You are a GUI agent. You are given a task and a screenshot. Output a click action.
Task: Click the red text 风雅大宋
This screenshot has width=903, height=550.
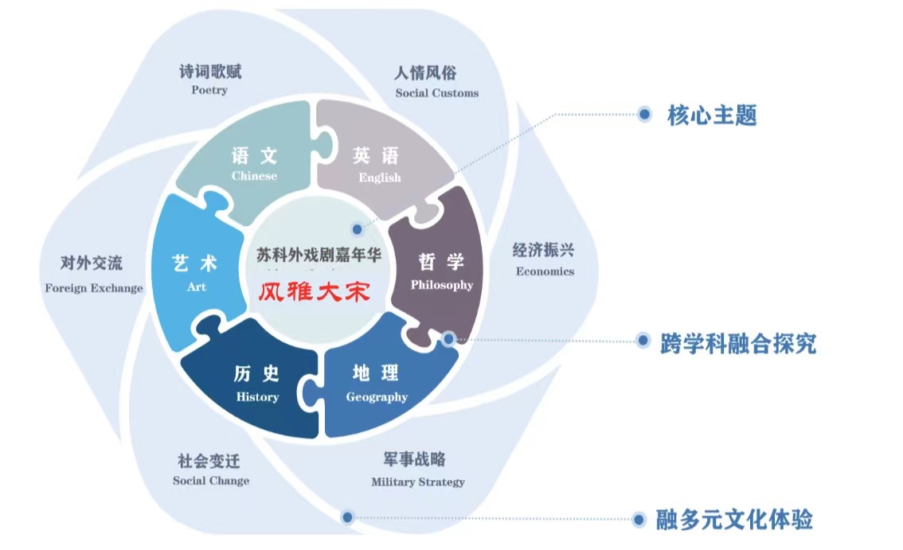[315, 291]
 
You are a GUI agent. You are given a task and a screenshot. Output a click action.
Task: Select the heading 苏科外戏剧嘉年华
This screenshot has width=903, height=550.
[319, 255]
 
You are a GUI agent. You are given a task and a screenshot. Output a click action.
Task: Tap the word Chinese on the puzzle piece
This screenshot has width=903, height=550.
[254, 176]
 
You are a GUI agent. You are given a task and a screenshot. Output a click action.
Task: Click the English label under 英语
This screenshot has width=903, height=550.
[380, 177]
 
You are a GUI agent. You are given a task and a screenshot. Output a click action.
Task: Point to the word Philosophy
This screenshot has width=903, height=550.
[441, 285]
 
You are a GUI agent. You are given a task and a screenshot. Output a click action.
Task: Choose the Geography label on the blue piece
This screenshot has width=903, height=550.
[377, 396]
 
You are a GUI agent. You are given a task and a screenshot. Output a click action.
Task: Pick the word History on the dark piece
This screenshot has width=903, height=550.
[257, 396]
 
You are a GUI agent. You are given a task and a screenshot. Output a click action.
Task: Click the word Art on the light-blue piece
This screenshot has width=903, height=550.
[196, 287]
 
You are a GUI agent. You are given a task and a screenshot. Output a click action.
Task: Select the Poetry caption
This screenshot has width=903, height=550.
[209, 90]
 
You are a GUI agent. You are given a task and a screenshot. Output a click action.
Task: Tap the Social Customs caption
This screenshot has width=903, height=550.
[437, 93]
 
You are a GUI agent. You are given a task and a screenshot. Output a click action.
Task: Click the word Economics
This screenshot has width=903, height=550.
[545, 271]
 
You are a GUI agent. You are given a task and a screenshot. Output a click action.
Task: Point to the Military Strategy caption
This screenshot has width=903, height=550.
[418, 482]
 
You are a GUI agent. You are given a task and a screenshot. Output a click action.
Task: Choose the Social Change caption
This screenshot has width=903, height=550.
[211, 480]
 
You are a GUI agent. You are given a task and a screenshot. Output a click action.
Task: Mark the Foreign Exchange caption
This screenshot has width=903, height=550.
[94, 287]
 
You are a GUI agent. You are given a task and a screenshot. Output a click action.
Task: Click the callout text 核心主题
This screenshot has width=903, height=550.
[712, 116]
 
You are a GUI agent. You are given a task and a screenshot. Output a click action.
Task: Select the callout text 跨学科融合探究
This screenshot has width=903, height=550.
[738, 343]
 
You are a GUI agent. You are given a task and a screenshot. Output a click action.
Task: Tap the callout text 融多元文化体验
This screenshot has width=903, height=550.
[734, 520]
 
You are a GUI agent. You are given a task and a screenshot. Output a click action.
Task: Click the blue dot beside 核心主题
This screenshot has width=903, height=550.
[644, 115]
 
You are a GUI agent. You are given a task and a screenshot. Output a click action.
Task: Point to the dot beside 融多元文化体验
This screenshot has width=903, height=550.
[639, 520]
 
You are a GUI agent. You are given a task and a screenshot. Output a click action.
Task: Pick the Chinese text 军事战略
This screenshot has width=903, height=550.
[414, 460]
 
